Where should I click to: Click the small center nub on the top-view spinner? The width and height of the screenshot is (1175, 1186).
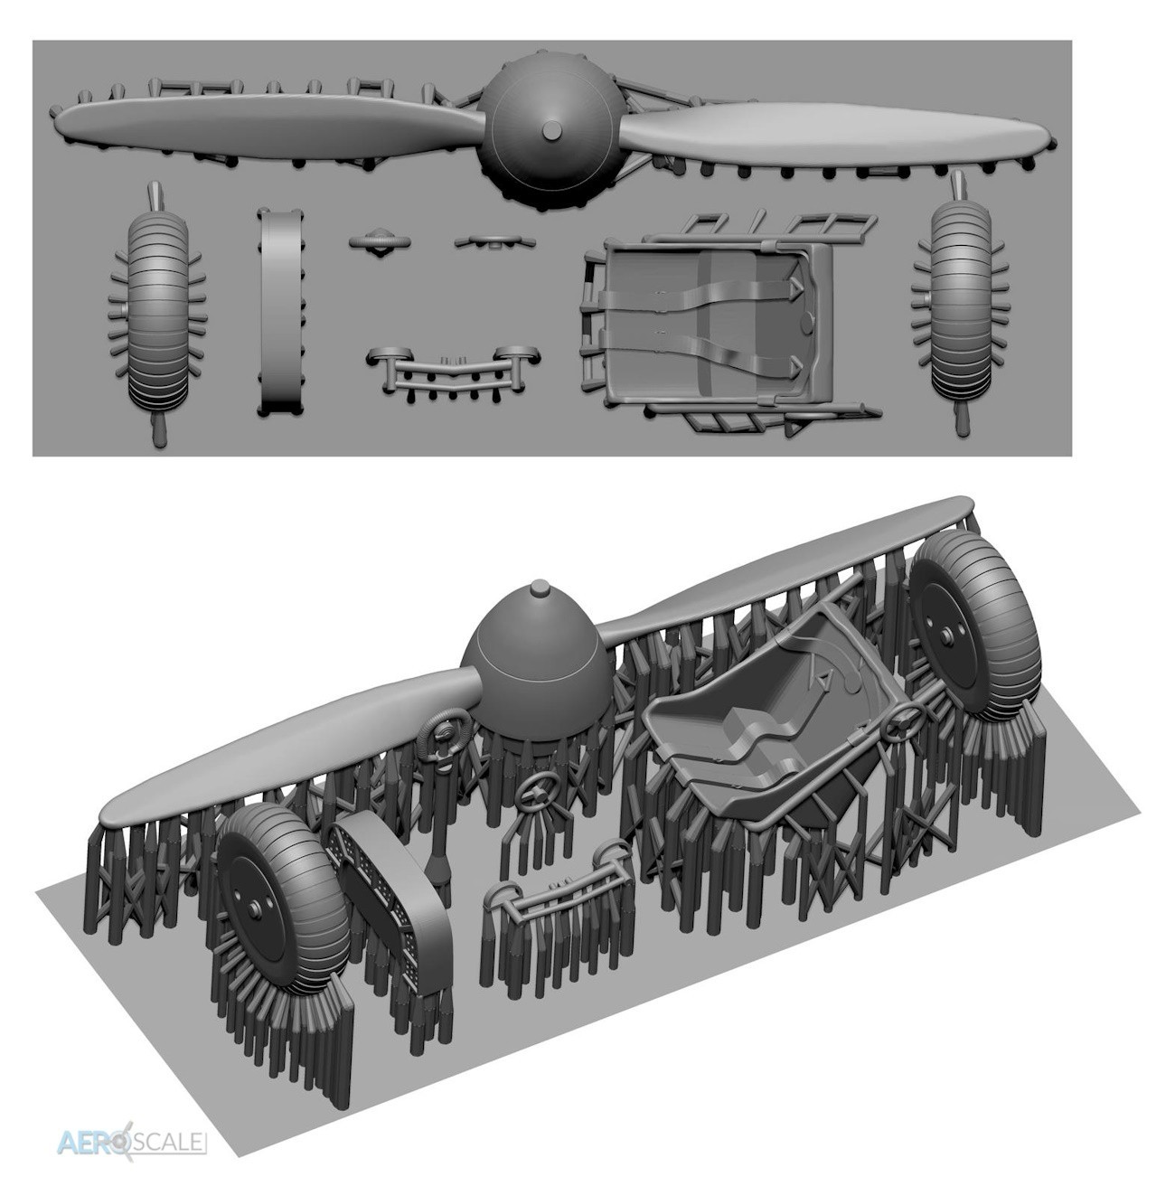(x=550, y=129)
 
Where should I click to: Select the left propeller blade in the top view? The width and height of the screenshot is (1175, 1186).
(x=268, y=127)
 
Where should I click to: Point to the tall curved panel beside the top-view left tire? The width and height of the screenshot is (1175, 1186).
(x=281, y=312)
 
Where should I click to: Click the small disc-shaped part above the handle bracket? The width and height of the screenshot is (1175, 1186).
(x=380, y=240)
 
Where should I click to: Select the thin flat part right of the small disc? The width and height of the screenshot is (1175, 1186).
(x=494, y=242)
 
